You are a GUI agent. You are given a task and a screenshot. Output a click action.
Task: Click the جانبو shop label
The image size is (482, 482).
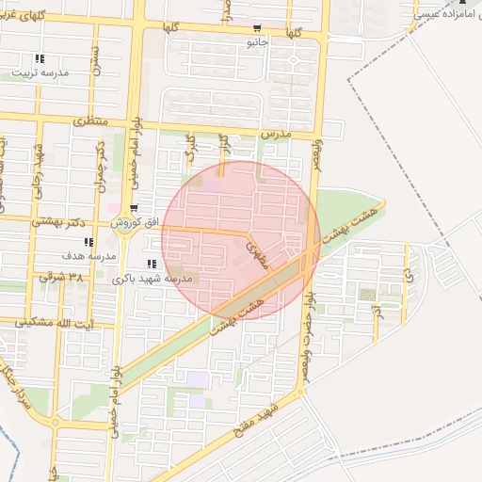pyautogui.click(x=257, y=42)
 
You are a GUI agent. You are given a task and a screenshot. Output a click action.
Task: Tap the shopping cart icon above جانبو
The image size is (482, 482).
pyautogui.click(x=258, y=28)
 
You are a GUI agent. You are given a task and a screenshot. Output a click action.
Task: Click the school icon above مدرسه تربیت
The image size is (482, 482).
pyautogui.click(x=39, y=58)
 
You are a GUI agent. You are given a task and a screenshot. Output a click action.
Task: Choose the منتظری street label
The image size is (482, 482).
pyautogui.click(x=89, y=122)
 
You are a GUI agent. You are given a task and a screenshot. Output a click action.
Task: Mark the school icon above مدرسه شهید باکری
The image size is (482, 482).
pyautogui.click(x=152, y=265)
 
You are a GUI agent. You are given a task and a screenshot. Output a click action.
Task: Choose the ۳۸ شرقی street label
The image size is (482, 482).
pyautogui.click(x=62, y=278)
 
